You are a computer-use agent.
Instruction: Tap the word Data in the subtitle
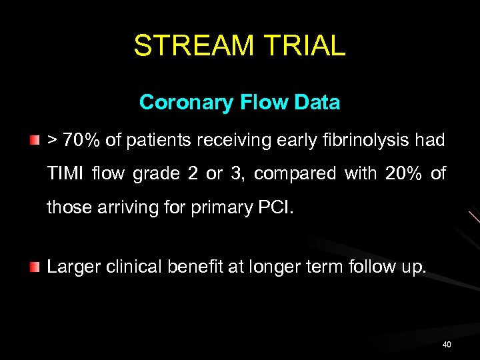click(317, 103)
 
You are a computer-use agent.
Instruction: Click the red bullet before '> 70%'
click(34, 141)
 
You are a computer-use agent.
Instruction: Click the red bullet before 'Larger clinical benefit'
click(34, 267)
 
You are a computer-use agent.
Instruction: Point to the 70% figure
click(82, 140)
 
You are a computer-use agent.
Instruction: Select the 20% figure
click(405, 173)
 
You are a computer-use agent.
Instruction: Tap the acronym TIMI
click(66, 173)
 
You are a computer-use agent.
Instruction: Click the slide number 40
click(446, 344)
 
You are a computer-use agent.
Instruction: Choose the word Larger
click(71, 267)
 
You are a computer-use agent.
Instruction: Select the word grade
click(157, 173)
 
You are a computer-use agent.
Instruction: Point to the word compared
click(296, 173)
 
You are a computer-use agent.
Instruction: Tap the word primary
click(217, 207)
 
